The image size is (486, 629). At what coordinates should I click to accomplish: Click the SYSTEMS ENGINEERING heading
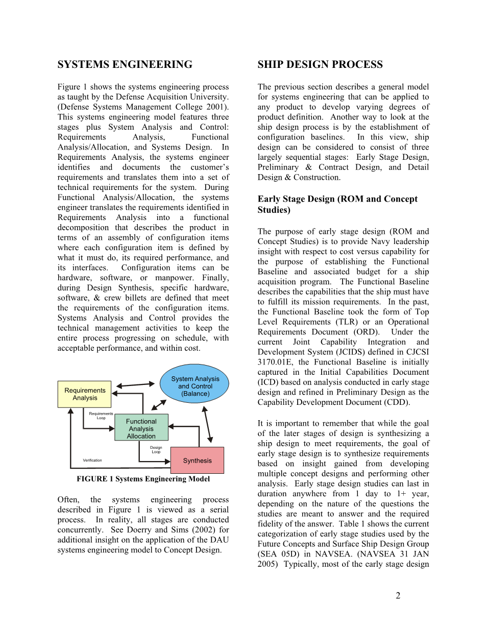pos(125,65)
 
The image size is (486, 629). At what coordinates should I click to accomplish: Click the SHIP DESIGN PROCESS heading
pos(320,65)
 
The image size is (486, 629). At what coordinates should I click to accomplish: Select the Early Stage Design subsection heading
pos(337,204)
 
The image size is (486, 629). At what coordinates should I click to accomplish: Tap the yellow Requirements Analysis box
pos(85,394)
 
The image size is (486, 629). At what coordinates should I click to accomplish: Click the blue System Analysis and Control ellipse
pos(195,383)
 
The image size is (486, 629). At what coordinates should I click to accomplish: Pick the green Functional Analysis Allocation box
pos(141,428)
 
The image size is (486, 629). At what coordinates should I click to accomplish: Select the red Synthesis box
pos(197,461)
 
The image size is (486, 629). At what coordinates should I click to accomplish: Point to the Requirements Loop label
pos(101,416)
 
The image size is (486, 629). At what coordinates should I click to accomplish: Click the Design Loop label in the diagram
pos(156,450)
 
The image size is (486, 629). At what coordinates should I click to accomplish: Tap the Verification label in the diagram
pos(92,461)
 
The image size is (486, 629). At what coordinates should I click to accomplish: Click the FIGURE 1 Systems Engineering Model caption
pos(143,479)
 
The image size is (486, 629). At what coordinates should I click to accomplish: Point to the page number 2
pos(398,596)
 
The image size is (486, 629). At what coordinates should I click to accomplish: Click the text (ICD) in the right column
pos(269,382)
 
